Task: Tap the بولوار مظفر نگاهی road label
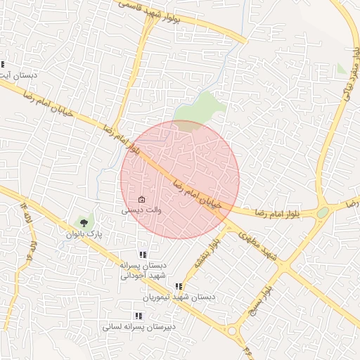click(x=350, y=67)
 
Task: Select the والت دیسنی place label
click(x=142, y=210)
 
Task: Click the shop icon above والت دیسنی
click(x=142, y=200)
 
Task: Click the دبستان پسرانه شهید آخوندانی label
click(x=143, y=271)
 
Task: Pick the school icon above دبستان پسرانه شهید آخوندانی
click(x=143, y=255)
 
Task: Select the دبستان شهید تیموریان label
click(x=179, y=297)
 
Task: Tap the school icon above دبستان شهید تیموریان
click(x=179, y=287)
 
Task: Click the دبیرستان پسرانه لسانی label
click(x=136, y=327)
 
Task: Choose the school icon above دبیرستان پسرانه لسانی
click(x=136, y=316)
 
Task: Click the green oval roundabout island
click(x=323, y=212)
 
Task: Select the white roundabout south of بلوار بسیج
click(x=231, y=330)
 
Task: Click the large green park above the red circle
click(x=200, y=109)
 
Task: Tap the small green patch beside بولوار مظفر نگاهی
click(x=342, y=69)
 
